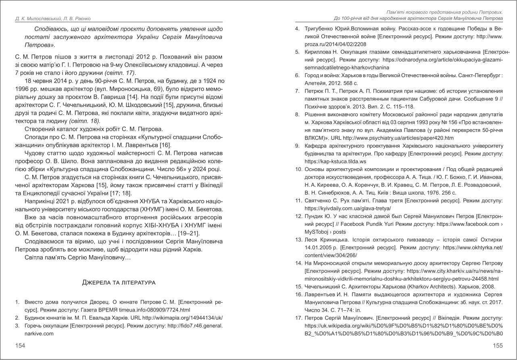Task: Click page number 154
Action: [20, 345]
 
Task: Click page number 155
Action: [498, 345]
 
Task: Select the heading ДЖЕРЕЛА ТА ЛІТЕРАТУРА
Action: [119, 283]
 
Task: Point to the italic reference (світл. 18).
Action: [85, 121]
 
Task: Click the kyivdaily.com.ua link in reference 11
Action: [348, 208]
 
